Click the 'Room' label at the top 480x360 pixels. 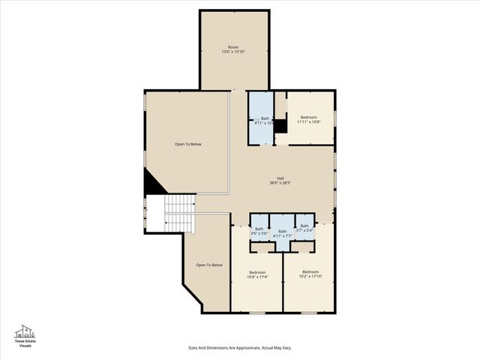(233, 46)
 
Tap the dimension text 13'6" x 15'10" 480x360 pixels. (233, 52)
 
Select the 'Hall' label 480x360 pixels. (280, 178)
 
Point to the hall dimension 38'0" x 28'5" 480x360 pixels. (280, 183)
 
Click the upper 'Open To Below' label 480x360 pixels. (188, 144)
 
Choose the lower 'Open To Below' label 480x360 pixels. (209, 265)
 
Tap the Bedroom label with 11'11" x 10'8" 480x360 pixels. (309, 117)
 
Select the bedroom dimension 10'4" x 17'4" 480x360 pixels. (257, 277)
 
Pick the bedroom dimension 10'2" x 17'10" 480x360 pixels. (310, 276)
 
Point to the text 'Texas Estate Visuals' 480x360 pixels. (25, 343)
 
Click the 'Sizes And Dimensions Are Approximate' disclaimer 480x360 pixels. (239, 347)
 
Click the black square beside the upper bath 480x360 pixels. (280, 126)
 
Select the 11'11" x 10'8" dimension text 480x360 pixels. (309, 122)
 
